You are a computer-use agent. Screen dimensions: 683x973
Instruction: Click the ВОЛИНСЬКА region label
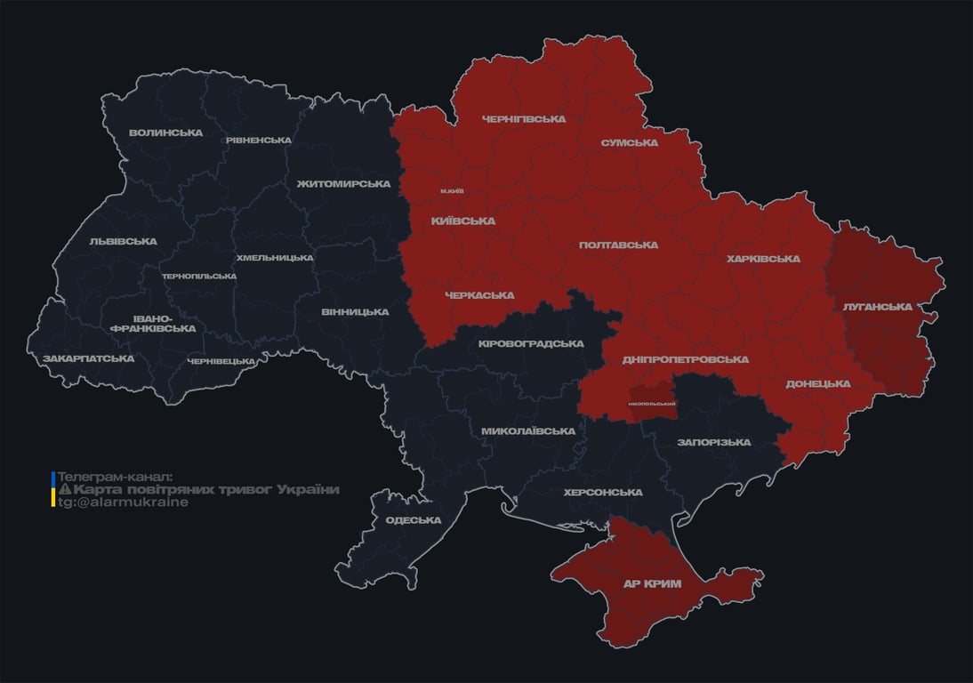165,133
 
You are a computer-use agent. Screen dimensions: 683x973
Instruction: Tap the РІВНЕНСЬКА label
258,140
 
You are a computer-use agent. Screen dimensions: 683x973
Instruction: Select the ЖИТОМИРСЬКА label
343,183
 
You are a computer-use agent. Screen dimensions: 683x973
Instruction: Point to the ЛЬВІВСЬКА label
123,241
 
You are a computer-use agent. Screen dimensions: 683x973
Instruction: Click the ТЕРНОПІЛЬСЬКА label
199,276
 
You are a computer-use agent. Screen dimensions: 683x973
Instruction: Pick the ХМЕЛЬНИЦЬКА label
274,258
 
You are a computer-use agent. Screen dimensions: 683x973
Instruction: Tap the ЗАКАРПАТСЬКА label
88,358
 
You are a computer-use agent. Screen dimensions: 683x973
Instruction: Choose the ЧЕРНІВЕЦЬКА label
221,361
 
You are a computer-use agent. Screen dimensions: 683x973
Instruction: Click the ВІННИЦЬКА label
355,311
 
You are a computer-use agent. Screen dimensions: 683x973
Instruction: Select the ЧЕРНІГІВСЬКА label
523,118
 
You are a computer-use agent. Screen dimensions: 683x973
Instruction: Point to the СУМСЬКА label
629,142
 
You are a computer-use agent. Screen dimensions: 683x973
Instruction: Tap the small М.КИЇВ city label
452,191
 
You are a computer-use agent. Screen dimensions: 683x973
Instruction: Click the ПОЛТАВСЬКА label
618,245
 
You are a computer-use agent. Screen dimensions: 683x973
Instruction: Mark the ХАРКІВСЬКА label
763,259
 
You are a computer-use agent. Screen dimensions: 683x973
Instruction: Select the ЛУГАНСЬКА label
877,306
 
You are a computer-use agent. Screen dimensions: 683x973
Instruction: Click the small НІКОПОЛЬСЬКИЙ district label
651,404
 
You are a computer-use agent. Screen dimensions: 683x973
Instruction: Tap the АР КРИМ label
652,583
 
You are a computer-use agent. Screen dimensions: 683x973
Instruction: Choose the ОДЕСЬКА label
413,520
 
